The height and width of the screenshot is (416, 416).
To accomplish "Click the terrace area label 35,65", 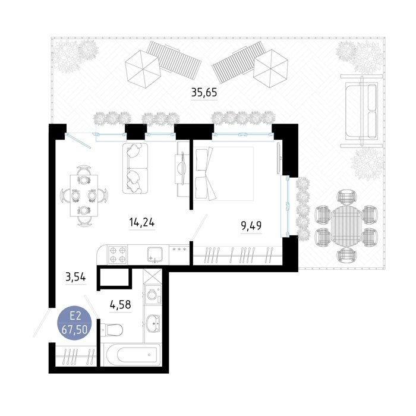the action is [204, 93].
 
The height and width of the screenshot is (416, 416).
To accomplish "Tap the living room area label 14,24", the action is [141, 222].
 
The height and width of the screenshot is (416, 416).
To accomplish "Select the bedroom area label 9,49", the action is [251, 226].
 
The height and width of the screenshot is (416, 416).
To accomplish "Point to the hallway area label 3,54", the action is [75, 278].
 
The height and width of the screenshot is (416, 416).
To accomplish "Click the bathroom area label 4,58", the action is [121, 305].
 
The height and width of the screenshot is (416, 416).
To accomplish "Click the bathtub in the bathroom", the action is [132, 355].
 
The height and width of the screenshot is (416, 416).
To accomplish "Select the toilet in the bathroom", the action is [112, 330].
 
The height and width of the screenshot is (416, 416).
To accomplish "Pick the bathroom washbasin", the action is [153, 323].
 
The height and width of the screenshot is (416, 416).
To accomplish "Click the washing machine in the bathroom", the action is [153, 294].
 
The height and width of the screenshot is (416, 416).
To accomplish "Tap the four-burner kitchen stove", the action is [117, 254].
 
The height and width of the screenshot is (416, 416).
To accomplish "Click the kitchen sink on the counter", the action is [155, 255].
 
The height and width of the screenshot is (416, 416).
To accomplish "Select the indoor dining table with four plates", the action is [84, 196].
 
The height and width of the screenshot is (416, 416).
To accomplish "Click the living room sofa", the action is [135, 168].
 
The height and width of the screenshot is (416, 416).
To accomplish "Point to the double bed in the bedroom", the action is [224, 174].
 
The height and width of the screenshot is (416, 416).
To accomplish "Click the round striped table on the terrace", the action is [346, 224].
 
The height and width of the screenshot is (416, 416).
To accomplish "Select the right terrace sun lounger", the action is [239, 62].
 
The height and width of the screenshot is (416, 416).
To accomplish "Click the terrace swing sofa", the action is [361, 111].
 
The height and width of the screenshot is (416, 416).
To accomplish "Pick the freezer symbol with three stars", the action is [179, 250].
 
